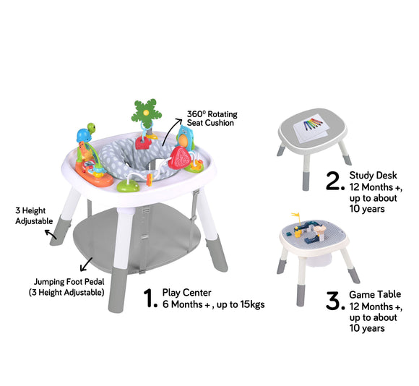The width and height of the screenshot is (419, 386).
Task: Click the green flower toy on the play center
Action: (x=144, y=111)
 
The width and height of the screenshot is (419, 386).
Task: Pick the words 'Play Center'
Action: (x=187, y=292)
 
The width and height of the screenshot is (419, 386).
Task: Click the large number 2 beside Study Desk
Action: (x=333, y=181)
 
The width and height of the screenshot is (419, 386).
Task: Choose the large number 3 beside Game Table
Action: (x=333, y=301)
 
